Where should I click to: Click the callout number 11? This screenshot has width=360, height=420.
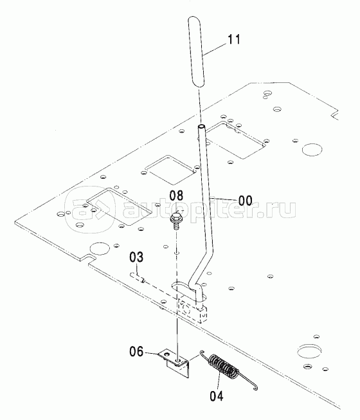tap(233, 39)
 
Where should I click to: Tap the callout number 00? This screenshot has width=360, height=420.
tap(245, 201)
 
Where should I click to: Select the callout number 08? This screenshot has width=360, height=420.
tap(176, 196)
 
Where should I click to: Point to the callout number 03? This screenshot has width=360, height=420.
tap(136, 257)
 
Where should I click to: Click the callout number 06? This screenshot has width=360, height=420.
tap(136, 351)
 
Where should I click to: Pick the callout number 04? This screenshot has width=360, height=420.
tap(217, 396)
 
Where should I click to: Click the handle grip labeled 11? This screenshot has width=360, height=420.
tap(197, 51)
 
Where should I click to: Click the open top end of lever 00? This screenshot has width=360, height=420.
tap(201, 127)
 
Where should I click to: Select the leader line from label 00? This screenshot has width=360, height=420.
tap(224, 199)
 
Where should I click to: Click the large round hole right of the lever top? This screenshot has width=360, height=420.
tap(312, 149)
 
